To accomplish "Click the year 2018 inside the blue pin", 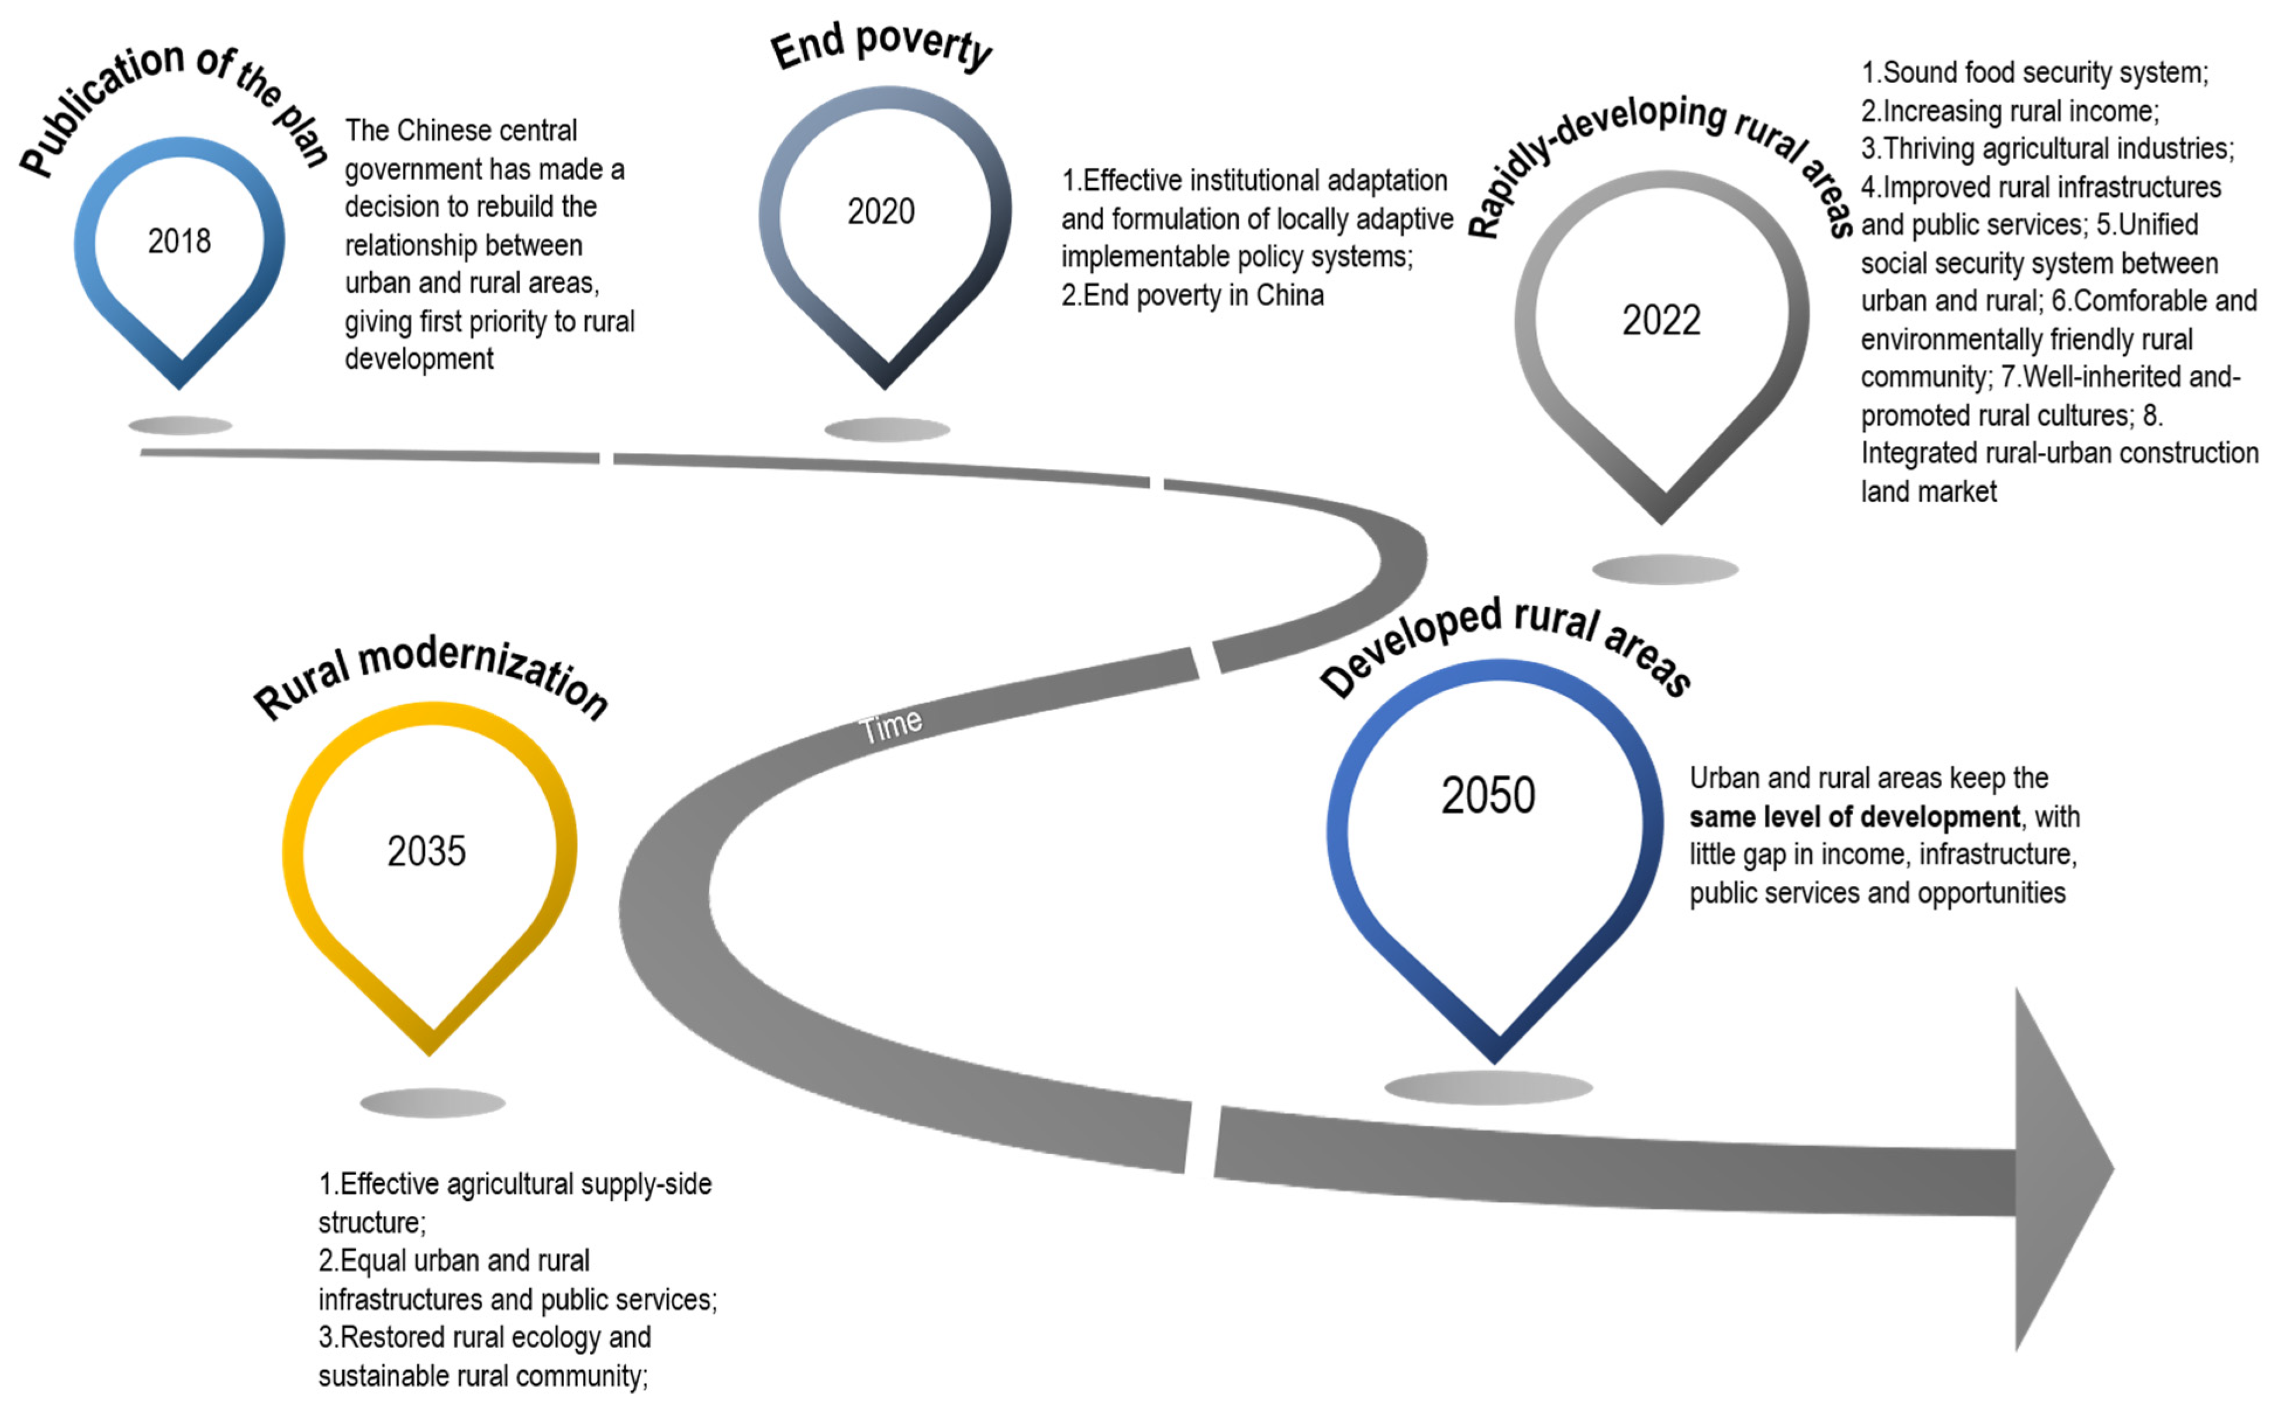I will [x=179, y=241].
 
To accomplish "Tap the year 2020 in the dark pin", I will [x=880, y=212].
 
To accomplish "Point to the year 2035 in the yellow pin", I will [x=426, y=851].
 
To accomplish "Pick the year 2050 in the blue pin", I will [x=1487, y=796].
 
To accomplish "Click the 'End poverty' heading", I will [x=880, y=47].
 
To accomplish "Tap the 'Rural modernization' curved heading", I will [x=431, y=675].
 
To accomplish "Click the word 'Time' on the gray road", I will [x=891, y=725].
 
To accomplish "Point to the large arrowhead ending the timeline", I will [x=2057, y=1168].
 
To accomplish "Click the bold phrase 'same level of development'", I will [x=1854, y=817].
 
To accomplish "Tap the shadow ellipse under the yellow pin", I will [x=432, y=1103].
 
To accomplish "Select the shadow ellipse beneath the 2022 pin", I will [x=1664, y=569].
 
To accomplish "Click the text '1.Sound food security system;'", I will [x=2034, y=72].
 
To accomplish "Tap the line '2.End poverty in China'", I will [x=1193, y=295].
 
